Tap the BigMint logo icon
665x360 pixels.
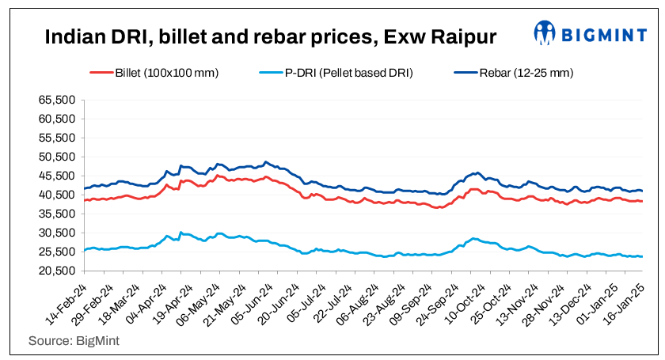click(x=545, y=32)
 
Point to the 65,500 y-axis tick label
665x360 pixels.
click(x=56, y=100)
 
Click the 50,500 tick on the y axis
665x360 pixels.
click(x=56, y=157)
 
